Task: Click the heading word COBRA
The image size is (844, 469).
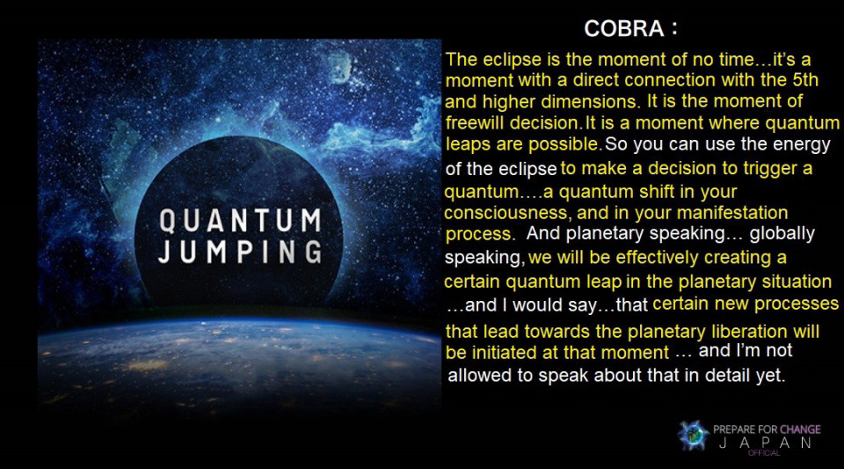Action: [624, 28]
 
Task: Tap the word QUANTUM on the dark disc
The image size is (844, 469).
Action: [241, 221]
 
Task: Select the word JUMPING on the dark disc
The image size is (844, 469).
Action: [241, 252]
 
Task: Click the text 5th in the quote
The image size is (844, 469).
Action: [805, 80]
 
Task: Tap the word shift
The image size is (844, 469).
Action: [659, 191]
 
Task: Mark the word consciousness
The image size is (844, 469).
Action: [506, 213]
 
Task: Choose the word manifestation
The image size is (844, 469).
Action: [732, 213]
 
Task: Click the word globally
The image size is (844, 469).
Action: [782, 234]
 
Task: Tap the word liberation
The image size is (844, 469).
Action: [749, 331]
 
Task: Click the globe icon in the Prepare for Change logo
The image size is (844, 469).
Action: [694, 435]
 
